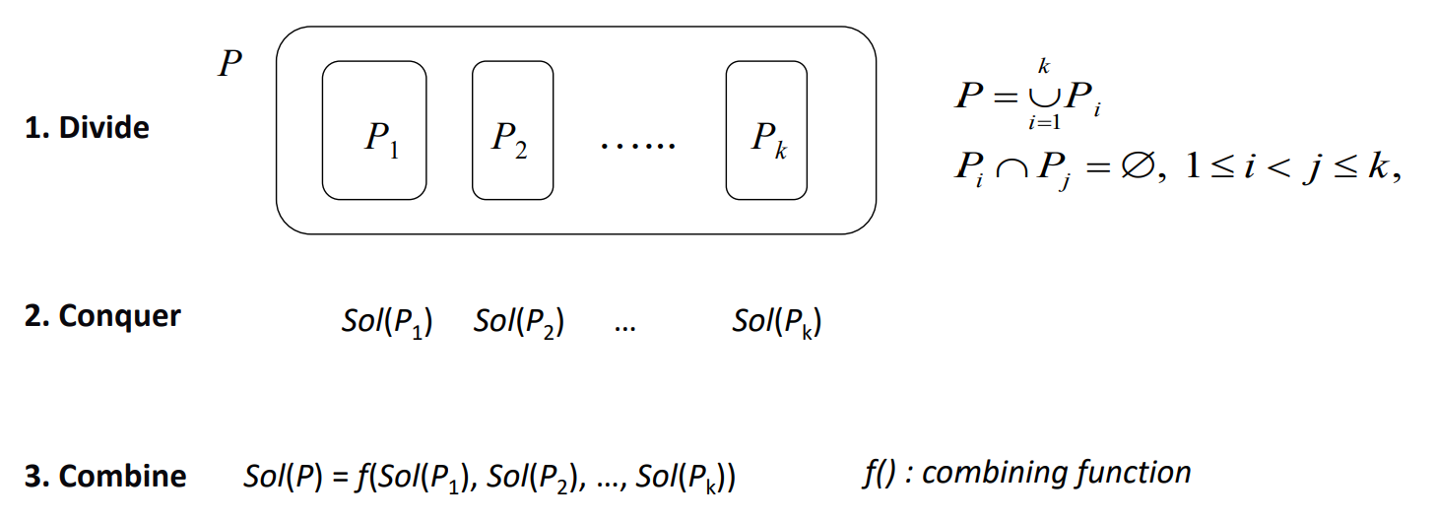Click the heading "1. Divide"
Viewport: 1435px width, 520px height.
coord(87,128)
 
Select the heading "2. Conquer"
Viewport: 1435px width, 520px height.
coord(102,316)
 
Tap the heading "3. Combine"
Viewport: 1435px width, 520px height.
coord(105,476)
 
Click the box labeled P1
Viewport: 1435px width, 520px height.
coord(374,130)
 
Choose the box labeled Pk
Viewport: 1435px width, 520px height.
coord(766,130)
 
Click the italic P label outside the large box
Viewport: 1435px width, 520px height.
coord(229,65)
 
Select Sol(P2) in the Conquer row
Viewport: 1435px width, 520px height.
coord(519,321)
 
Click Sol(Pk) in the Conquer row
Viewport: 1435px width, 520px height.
coord(777,321)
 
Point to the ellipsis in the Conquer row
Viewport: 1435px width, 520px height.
coord(623,327)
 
